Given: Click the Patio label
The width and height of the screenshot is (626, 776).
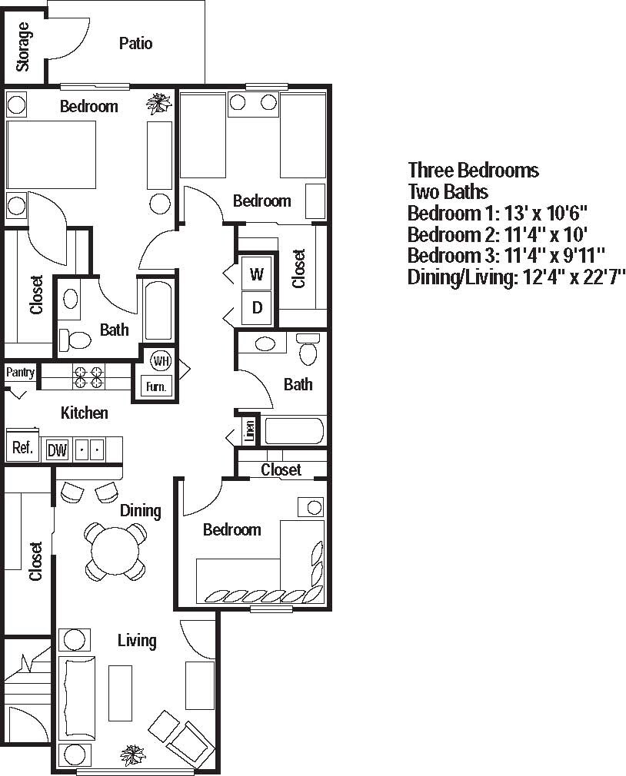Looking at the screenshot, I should (x=135, y=44).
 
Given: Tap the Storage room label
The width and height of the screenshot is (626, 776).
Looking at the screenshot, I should (x=23, y=46).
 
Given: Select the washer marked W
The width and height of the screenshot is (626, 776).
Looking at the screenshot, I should (x=257, y=274).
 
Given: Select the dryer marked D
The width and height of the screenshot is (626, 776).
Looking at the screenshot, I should (x=257, y=308).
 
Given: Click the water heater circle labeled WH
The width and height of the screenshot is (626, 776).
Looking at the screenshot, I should (x=161, y=361).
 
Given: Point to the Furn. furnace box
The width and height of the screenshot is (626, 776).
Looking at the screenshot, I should (x=156, y=386).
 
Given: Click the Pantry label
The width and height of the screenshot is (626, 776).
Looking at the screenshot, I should (x=21, y=373).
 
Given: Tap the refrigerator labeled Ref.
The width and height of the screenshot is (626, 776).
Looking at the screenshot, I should (x=22, y=448).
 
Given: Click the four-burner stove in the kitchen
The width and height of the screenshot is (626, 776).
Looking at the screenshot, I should (x=88, y=376).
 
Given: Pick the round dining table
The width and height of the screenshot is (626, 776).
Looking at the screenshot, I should (x=115, y=551).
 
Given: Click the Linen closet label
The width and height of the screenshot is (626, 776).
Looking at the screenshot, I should (x=250, y=431).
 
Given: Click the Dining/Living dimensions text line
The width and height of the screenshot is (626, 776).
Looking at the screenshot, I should (x=516, y=277).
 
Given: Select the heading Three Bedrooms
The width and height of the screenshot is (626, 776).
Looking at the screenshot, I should (x=473, y=170).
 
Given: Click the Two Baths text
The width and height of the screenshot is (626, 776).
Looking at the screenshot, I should (x=448, y=191).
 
